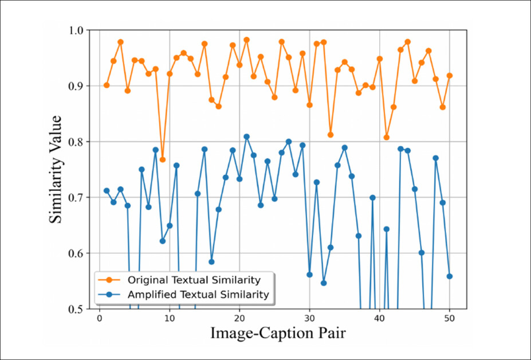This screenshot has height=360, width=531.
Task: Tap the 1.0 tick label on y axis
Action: point(75,30)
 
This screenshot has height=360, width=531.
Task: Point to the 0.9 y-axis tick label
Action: point(75,86)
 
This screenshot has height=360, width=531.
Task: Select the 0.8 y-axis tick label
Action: point(75,142)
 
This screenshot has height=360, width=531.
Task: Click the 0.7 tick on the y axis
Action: point(75,198)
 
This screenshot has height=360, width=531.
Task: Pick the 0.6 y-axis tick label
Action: point(75,253)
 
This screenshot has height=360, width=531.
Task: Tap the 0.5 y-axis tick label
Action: point(75,309)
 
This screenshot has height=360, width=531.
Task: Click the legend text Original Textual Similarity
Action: point(194,281)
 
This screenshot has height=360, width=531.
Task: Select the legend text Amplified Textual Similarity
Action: point(198,295)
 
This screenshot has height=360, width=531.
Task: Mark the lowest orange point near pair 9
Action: point(163,159)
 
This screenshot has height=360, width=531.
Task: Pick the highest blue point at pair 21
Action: point(246,136)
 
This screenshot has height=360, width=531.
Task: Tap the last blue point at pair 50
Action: point(450,276)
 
